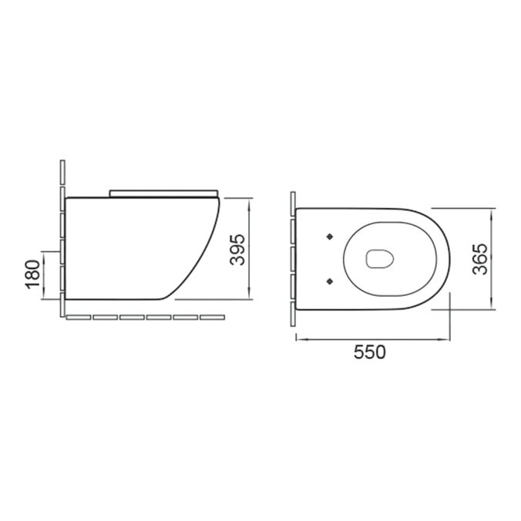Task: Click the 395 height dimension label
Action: coord(237,250)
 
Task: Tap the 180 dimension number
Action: coord(32,274)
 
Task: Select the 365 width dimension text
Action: coord(480,259)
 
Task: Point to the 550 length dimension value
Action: coord(370,352)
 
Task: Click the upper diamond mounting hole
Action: coord(330,237)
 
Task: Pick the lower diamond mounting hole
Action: coord(330,281)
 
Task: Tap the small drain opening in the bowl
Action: coord(380,259)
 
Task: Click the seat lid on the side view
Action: coord(164,193)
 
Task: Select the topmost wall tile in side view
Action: coord(62,172)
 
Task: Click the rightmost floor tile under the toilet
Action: coord(212,318)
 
